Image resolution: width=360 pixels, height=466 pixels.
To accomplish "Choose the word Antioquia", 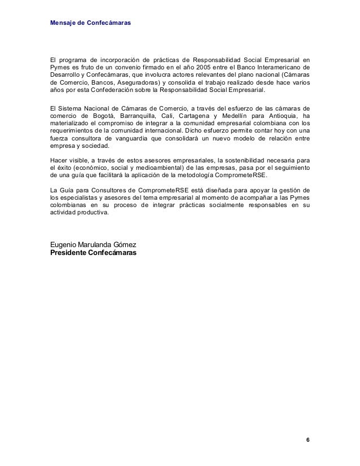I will pyautogui.click(x=282, y=115).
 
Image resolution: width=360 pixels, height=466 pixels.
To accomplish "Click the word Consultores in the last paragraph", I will pyautogui.click(x=100, y=189).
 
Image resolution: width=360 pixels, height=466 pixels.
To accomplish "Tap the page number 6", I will pyautogui.click(x=308, y=439).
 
